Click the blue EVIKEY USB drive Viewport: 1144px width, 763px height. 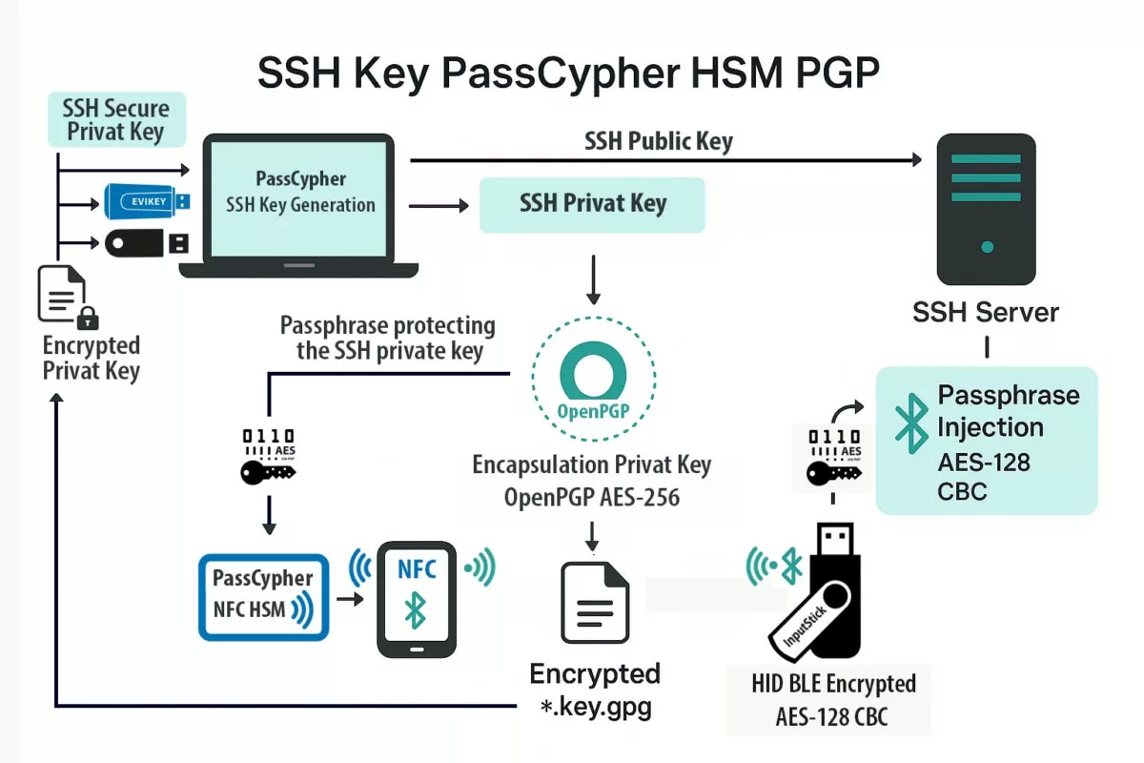point(148,201)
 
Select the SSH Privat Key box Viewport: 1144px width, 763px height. point(592,204)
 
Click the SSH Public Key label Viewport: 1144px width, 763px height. point(658,142)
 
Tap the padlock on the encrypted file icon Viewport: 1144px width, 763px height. point(88,317)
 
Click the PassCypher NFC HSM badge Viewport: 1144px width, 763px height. point(263,596)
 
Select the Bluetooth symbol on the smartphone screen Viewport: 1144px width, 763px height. point(416,610)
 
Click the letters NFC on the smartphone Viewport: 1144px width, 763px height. point(417,569)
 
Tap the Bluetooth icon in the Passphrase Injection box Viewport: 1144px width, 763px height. point(911,422)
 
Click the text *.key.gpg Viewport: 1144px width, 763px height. point(595,709)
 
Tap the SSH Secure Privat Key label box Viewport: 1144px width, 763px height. point(116,119)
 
